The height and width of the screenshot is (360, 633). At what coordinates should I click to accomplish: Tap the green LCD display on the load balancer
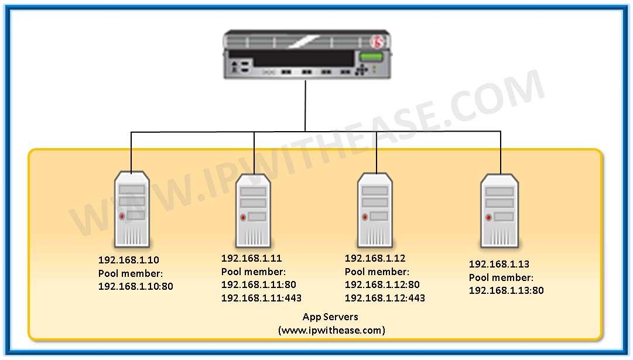(x=370, y=57)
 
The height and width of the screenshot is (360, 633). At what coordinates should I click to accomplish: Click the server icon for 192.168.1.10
(x=132, y=209)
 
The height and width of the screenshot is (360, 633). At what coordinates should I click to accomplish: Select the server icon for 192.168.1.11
(x=254, y=210)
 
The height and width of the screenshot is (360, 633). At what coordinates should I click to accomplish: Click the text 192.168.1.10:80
(x=136, y=286)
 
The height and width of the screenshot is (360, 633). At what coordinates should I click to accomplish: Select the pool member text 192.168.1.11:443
(x=261, y=297)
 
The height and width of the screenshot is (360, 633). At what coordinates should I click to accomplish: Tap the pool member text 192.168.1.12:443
(x=385, y=297)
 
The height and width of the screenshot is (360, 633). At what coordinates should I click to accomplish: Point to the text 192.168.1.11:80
(x=259, y=284)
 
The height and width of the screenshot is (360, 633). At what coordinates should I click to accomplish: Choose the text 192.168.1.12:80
(x=382, y=284)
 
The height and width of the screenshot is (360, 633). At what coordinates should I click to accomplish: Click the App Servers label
(x=330, y=317)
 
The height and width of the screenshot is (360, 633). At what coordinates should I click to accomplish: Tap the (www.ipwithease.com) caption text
(x=331, y=330)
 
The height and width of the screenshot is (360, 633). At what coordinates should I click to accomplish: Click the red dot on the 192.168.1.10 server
(x=122, y=217)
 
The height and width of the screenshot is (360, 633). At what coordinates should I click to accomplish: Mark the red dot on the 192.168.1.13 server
(x=488, y=217)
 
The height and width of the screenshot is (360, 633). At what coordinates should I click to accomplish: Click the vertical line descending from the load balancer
(x=305, y=105)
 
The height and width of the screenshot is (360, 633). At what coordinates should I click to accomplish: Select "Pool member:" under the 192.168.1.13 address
(x=501, y=277)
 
